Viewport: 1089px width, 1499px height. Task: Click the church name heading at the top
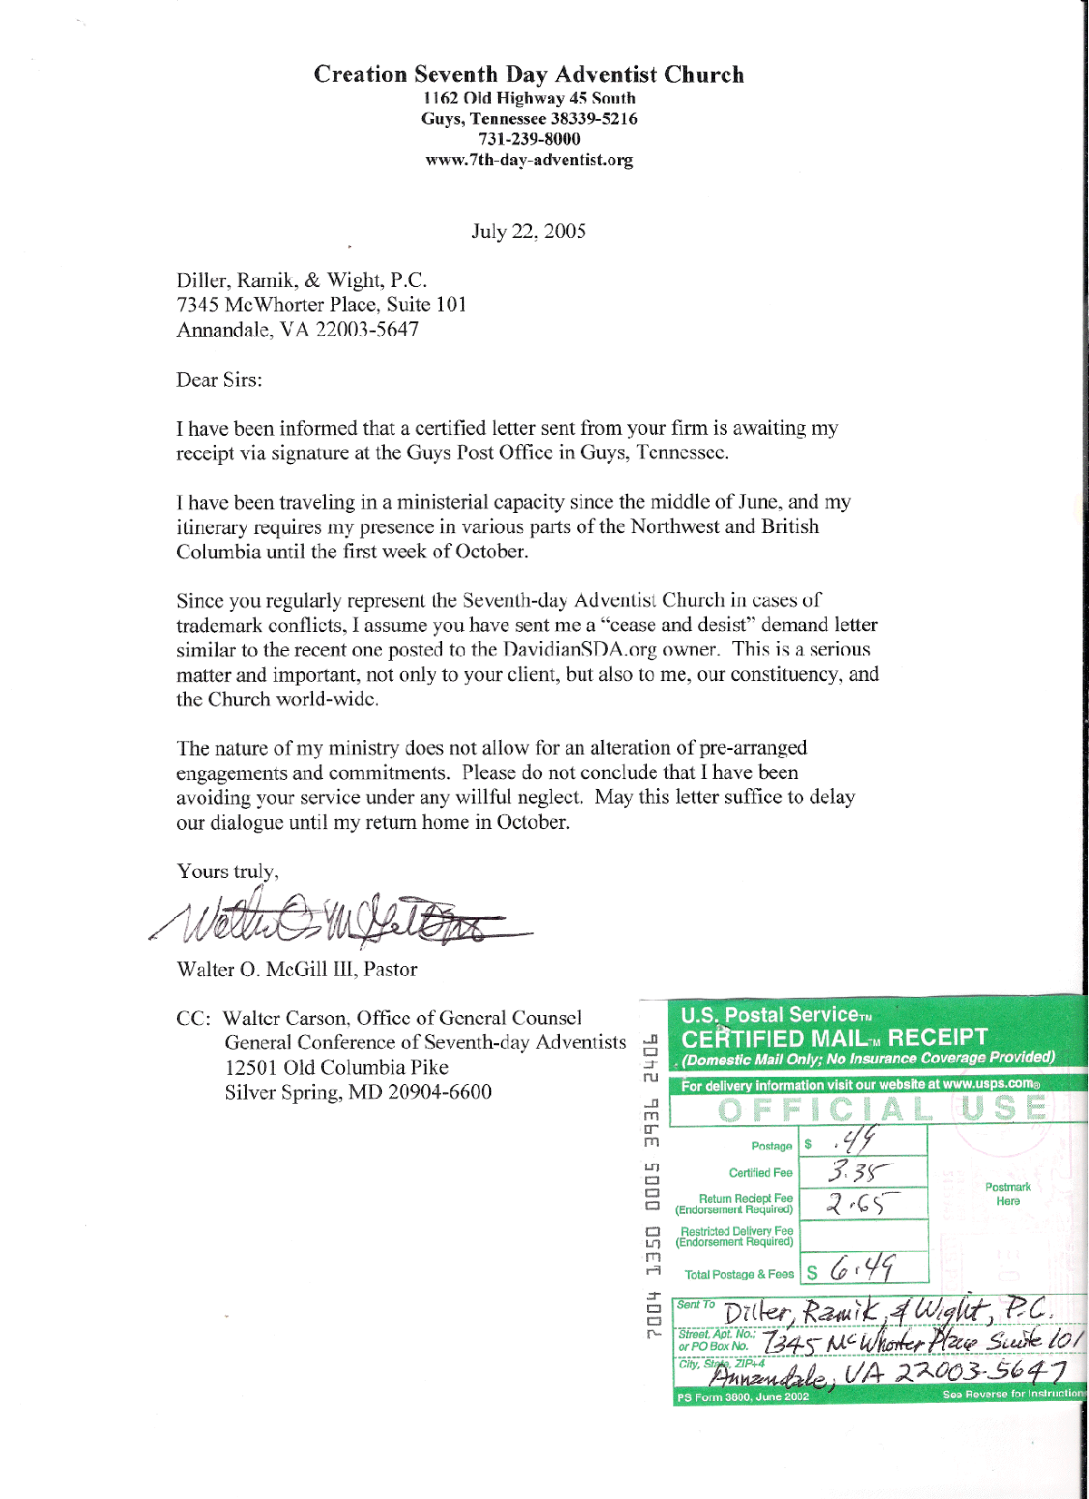[528, 74]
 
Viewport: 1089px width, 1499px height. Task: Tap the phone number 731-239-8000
[528, 139]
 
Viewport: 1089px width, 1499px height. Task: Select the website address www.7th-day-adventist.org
[528, 161]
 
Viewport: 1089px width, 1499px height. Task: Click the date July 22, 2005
[528, 232]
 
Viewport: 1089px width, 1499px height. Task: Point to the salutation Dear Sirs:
[219, 380]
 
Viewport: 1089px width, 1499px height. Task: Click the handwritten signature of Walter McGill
[336, 922]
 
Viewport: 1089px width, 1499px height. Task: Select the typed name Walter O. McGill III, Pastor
[297, 970]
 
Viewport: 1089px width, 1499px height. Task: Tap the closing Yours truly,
[227, 872]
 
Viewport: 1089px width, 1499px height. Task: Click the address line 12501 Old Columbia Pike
[337, 1068]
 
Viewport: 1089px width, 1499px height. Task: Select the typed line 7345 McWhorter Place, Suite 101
[321, 305]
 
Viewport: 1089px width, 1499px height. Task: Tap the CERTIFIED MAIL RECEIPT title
[833, 1039]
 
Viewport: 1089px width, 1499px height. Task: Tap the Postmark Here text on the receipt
[1007, 1194]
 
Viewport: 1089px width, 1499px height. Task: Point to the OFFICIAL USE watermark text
[880, 1109]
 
